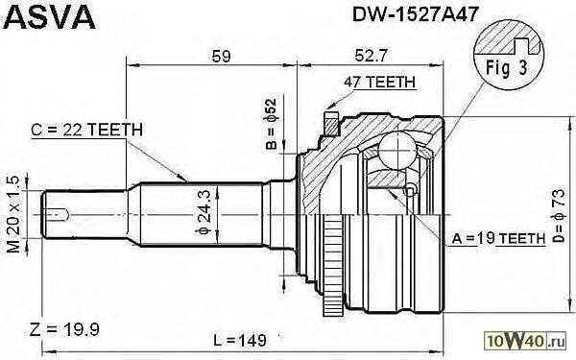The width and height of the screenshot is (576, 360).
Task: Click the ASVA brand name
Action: (x=51, y=16)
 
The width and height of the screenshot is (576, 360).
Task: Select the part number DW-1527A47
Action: (x=416, y=14)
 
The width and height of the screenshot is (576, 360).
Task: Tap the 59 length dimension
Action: (x=221, y=57)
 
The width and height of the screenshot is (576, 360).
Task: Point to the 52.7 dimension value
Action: (x=371, y=57)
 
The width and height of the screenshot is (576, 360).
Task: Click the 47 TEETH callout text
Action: (x=379, y=82)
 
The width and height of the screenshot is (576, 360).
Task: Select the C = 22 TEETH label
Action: (x=86, y=130)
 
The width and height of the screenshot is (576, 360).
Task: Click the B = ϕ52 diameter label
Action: (x=271, y=124)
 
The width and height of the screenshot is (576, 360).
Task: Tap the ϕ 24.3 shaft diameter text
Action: (x=204, y=212)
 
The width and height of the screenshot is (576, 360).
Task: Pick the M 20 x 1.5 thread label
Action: (x=13, y=214)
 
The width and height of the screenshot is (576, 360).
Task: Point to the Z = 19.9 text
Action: (x=64, y=329)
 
